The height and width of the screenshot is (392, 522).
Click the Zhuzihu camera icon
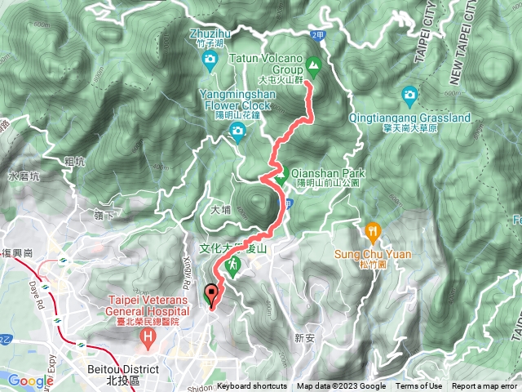(210, 60)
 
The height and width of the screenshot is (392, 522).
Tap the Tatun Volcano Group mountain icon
(313, 65)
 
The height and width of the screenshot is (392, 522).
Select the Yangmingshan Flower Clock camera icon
(238, 132)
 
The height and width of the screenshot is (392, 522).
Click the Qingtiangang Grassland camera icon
(409, 97)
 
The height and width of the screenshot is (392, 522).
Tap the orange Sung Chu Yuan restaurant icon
(374, 231)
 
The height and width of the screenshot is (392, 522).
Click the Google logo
(30, 381)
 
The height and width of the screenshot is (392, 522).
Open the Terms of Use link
(419, 386)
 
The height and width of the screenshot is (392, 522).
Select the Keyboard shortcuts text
(252, 386)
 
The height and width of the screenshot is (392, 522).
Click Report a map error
(485, 386)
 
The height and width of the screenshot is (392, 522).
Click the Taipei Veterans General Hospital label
(144, 305)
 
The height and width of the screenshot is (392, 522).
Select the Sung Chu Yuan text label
(374, 253)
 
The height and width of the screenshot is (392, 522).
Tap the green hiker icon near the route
(233, 265)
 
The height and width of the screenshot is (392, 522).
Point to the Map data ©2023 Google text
(341, 386)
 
